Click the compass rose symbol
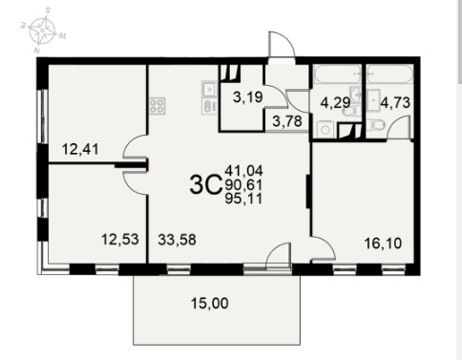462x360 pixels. click(42, 31)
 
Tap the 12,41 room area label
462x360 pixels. click(80, 149)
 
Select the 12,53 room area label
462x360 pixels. click(120, 240)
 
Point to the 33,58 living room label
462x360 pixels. click(177, 240)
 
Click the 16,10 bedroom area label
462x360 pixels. click(383, 244)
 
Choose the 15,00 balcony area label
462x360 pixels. click(210, 303)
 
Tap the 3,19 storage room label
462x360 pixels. click(248, 97)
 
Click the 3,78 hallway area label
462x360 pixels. click(287, 121)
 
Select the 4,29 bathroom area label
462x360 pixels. click(335, 103)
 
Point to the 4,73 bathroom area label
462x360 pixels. click(395, 103)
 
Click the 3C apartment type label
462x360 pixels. click(205, 185)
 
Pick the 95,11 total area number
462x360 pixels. click(243, 199)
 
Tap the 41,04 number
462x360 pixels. click(243, 171)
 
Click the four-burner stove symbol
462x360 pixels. click(157, 106)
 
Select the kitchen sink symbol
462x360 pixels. click(209, 90)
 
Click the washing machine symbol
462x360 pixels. click(325, 130)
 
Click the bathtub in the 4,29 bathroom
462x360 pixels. click(337, 74)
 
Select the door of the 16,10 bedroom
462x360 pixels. click(324, 249)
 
